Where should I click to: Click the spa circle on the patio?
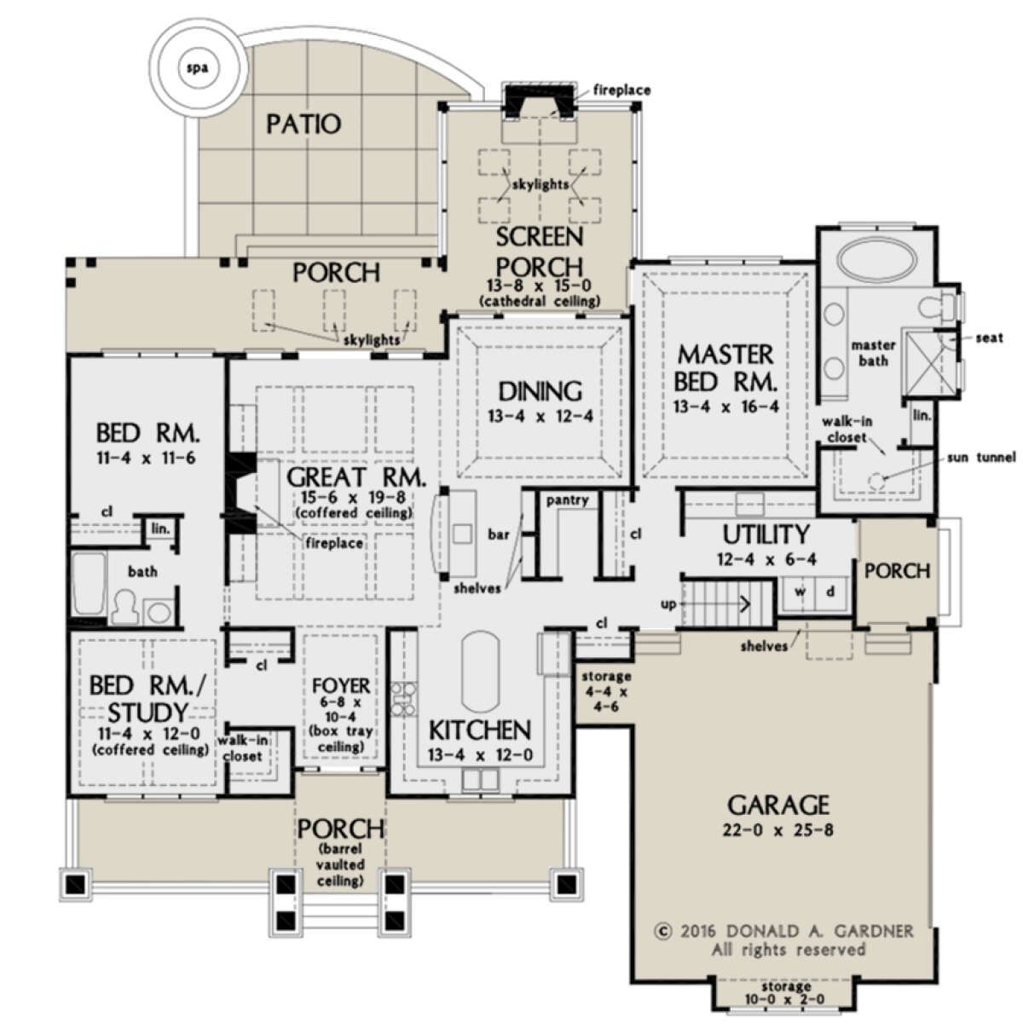[197, 68]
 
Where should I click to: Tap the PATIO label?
[303, 124]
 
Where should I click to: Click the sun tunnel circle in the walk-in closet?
[876, 480]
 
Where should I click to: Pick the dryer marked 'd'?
[831, 592]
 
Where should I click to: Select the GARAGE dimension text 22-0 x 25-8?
[778, 830]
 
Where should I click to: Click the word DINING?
[540, 391]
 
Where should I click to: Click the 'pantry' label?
[567, 500]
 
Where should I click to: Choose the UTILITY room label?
[766, 534]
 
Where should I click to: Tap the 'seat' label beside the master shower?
[989, 338]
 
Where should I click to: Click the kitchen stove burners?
[403, 698]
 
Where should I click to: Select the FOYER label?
[341, 685]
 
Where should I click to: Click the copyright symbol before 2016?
[663, 932]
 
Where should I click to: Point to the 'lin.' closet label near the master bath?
[922, 415]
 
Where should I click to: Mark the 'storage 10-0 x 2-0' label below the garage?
[785, 993]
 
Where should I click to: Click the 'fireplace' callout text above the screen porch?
[621, 90]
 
